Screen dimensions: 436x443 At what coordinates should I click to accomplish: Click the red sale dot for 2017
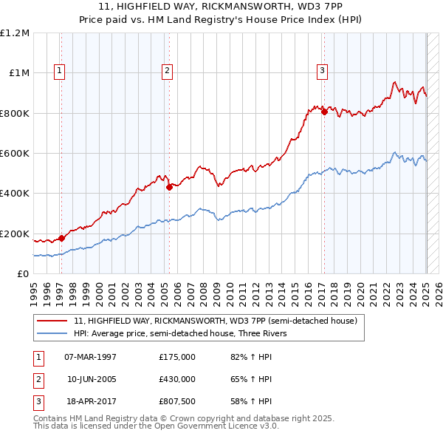point(324,112)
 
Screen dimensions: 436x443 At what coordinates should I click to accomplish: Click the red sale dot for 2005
point(169,188)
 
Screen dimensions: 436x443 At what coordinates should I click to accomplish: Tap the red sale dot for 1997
point(62,238)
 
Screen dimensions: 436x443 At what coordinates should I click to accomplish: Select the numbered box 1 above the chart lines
point(59,71)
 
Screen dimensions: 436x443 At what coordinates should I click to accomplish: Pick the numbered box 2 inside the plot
point(168,71)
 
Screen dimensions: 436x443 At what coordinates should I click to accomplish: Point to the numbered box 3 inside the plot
point(323,71)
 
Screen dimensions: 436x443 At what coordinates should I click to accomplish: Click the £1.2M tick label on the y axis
point(15,33)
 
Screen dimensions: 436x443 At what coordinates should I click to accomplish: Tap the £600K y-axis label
point(15,154)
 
